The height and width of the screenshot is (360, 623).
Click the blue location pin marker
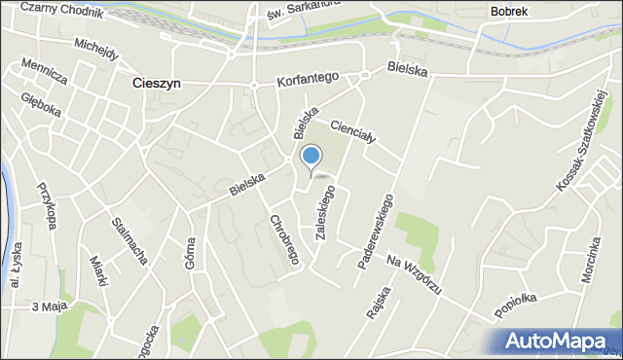pyautogui.click(x=311, y=157)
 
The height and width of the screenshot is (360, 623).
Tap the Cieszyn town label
pyautogui.click(x=156, y=84)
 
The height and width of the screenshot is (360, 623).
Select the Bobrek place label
pyautogui.click(x=509, y=11)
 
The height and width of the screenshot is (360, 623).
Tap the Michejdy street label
pyautogui.click(x=95, y=48)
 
